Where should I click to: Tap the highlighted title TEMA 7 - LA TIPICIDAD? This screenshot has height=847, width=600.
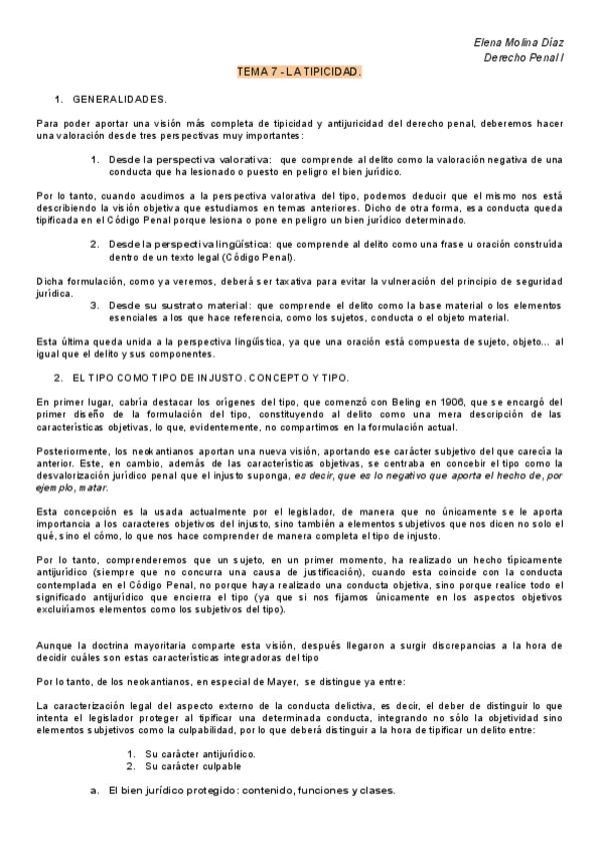coord(299,73)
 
